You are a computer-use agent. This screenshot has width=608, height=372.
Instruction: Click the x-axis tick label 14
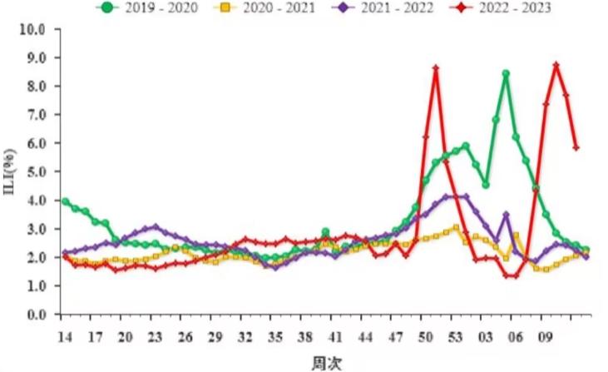(x=64, y=338)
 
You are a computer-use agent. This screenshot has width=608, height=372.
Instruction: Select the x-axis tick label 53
(x=455, y=338)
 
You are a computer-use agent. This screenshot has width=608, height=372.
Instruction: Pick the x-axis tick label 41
(x=334, y=338)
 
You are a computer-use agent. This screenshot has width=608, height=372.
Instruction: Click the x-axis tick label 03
(x=485, y=338)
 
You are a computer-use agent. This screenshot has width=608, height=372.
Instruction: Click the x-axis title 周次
(x=325, y=363)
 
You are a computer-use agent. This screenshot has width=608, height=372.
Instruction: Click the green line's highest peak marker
(x=506, y=74)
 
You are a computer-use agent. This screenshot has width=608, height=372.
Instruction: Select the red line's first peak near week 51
(x=436, y=68)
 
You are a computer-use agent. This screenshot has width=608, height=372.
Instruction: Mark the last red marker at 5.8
(x=576, y=148)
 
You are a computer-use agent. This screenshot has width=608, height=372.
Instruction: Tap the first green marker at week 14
(x=65, y=201)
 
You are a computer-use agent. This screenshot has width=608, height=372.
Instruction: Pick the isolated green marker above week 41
(x=325, y=232)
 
